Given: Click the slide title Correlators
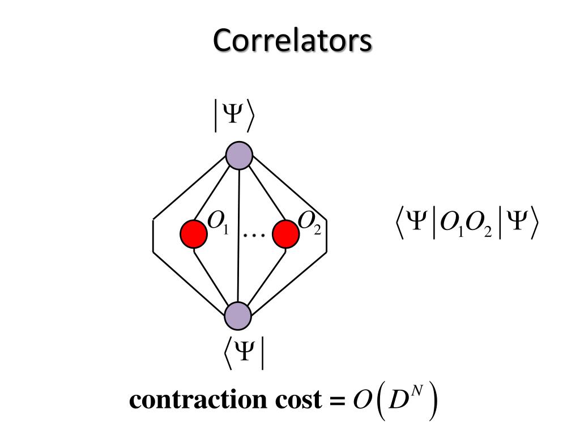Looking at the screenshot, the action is [292, 41].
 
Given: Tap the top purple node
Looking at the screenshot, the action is [239, 155].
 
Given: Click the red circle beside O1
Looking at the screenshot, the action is [194, 234].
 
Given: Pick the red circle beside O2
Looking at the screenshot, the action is [285, 234].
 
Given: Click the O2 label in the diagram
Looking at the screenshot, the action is [309, 222].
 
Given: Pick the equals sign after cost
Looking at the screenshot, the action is [336, 401].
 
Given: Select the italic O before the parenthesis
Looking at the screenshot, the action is [361, 400].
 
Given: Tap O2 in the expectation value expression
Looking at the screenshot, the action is [479, 224].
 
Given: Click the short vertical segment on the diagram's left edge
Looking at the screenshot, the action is [153, 234].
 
